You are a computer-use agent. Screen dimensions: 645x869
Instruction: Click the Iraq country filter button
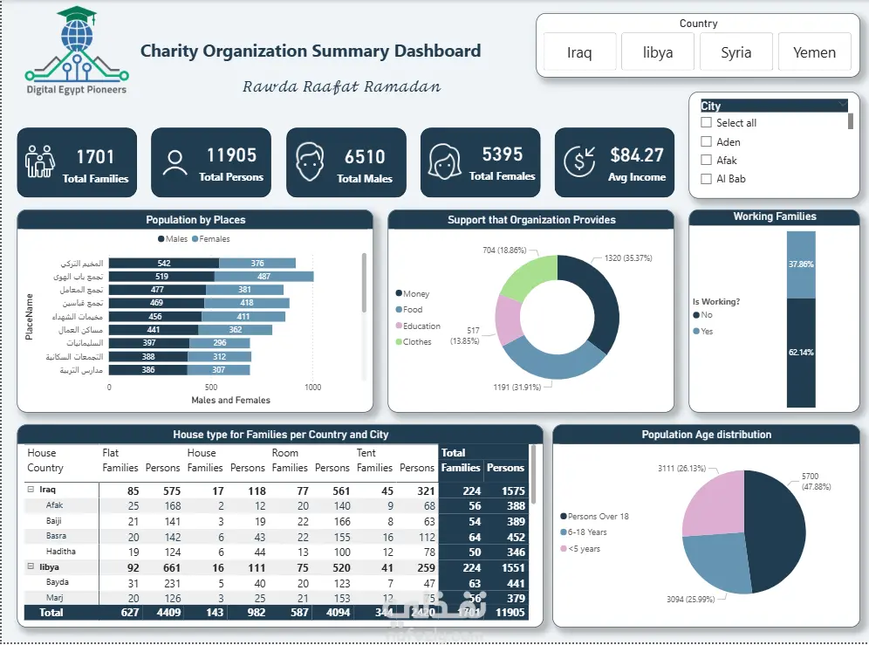point(579,52)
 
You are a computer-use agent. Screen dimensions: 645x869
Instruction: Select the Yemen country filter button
point(814,52)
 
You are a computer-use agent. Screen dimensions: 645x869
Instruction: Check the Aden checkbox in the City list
point(707,141)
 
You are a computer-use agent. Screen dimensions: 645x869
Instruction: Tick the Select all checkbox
point(707,123)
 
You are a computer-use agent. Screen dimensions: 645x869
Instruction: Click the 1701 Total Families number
point(95,157)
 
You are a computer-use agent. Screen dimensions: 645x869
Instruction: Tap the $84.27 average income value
point(637,155)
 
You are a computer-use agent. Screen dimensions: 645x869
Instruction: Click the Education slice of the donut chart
point(507,319)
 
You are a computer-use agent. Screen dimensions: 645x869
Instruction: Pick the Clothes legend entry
point(416,342)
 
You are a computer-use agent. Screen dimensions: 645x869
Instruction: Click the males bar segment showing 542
point(164,264)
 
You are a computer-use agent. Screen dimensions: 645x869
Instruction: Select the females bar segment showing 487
point(263,277)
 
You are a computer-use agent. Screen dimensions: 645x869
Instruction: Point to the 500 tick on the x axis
point(211,386)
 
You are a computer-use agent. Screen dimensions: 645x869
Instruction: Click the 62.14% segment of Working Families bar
point(801,353)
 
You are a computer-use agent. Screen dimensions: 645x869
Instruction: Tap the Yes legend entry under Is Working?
point(707,332)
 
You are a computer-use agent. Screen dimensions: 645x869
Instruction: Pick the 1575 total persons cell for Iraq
point(506,491)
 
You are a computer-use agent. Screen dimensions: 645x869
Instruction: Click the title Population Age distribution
point(707,435)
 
